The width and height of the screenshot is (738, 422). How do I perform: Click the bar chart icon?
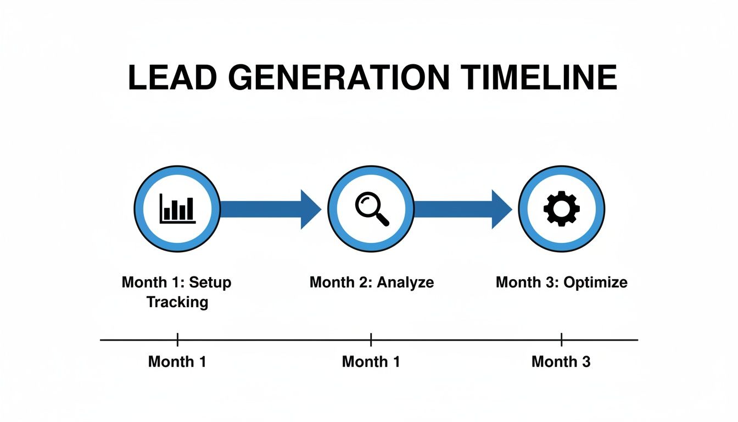(x=177, y=209)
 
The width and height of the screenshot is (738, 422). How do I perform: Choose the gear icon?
(x=561, y=209)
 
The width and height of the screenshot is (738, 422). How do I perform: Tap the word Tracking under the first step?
(x=177, y=302)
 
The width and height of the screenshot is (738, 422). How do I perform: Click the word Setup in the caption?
(x=210, y=282)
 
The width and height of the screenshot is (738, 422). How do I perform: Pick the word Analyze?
(x=408, y=282)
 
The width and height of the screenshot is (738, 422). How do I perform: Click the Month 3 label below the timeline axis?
(x=561, y=362)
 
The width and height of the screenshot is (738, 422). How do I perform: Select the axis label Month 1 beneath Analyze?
(x=371, y=362)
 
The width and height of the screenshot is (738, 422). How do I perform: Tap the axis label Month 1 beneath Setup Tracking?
(x=177, y=362)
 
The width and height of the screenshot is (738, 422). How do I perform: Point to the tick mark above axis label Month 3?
(x=561, y=340)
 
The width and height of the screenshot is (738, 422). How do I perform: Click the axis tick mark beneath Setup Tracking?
(x=177, y=340)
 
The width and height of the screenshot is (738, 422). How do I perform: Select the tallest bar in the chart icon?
(x=189, y=208)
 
